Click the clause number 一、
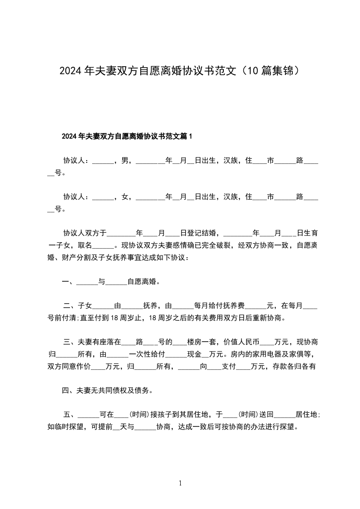click(69, 282)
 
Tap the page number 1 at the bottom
click(180, 484)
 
